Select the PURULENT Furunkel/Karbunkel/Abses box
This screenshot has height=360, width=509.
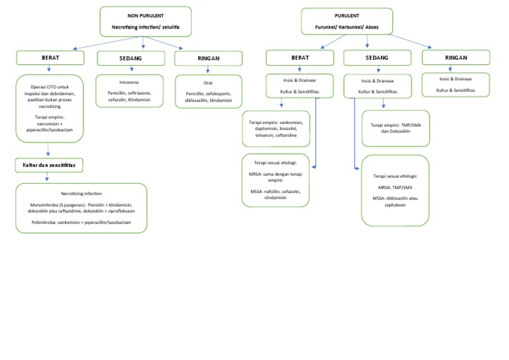coord(347,22)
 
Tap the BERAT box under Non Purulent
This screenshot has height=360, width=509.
coord(51,58)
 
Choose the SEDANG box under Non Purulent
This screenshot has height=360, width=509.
coord(130,59)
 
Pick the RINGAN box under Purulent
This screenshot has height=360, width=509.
coord(457,58)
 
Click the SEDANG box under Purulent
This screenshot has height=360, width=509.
coord(377,58)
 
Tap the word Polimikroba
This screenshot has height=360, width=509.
coord(46,223)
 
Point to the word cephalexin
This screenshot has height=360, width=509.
coord(394,206)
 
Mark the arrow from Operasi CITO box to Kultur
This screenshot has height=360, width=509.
coord(48,150)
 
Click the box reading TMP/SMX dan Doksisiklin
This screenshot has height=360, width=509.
coord(395,128)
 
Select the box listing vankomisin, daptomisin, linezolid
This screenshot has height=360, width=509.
coord(276,128)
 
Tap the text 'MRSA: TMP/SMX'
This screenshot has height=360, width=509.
coord(394,188)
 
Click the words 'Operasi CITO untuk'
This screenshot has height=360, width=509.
coord(49,86)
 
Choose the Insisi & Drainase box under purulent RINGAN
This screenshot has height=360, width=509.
coord(456,84)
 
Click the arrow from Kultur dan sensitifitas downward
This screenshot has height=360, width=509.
coord(47,176)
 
